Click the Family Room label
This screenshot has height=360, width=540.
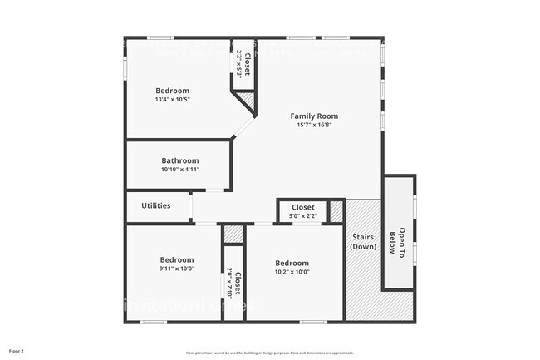(313, 116)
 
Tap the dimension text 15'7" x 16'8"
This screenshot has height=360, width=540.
(313, 125)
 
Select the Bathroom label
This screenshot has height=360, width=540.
(179, 160)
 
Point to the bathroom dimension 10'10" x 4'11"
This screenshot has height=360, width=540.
(179, 170)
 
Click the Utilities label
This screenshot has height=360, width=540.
(156, 205)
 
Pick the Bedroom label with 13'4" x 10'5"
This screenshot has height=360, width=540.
(172, 91)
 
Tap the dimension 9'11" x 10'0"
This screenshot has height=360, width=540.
(177, 269)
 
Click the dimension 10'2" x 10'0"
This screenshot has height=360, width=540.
(292, 271)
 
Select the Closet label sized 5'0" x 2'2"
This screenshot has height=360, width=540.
(302, 207)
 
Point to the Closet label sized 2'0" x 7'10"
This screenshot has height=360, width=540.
(238, 284)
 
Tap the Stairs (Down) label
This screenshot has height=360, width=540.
(363, 241)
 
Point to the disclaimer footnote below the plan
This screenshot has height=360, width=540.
(269, 353)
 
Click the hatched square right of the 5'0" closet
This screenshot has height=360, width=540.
(336, 211)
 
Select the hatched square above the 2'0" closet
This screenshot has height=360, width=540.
(234, 234)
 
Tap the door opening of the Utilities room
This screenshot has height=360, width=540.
(191, 205)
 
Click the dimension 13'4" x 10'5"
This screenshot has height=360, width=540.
(172, 100)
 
